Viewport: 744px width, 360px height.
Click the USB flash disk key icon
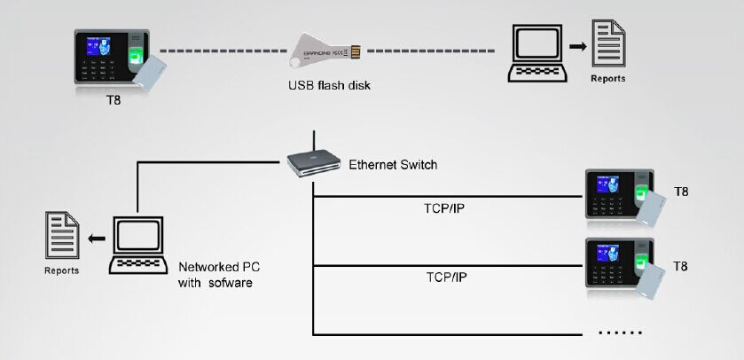point(325,52)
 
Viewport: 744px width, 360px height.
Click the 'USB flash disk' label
point(329,86)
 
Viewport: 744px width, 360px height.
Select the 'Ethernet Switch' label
point(393,165)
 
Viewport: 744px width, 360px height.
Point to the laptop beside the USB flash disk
point(537,53)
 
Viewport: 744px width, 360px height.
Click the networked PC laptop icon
point(138,245)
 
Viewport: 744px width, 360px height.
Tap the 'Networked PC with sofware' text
point(219,275)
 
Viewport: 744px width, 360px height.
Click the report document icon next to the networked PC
point(62,235)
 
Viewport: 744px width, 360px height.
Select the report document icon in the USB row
point(608,43)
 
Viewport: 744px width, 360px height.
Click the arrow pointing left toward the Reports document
point(97,239)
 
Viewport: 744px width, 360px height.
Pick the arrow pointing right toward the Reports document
point(578,46)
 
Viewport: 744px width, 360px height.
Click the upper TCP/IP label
point(443,208)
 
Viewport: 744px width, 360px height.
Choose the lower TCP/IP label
point(446,278)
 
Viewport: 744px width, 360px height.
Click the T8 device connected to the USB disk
point(120,59)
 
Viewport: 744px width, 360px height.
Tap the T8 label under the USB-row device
point(114,100)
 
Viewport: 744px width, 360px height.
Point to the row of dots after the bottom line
point(621,333)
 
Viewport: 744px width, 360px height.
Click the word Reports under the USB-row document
point(608,79)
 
